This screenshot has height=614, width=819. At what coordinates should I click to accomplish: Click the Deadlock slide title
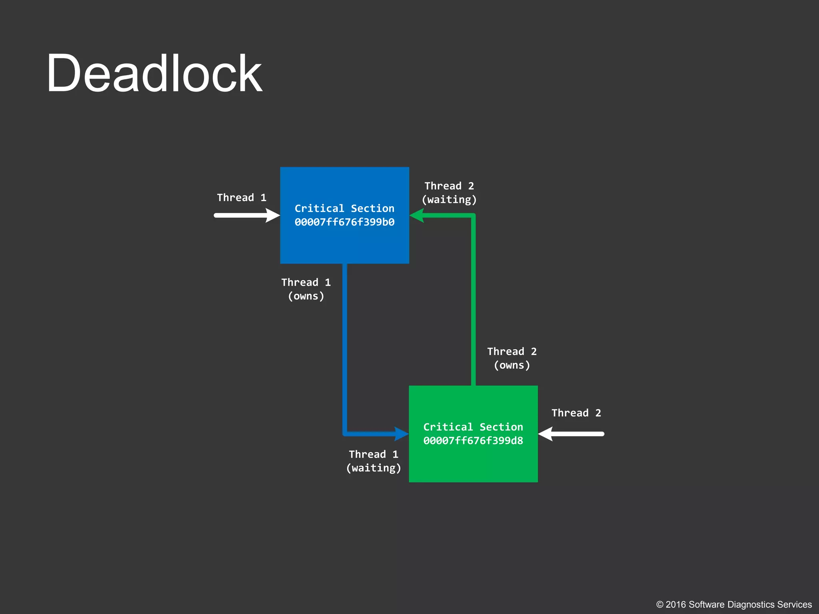(x=154, y=74)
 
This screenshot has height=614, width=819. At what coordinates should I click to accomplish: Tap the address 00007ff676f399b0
(x=344, y=222)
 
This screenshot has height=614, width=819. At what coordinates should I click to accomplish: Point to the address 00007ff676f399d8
(x=473, y=441)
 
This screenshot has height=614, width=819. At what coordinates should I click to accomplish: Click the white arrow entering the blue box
(x=247, y=215)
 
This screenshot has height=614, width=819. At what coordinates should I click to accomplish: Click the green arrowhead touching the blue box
(x=417, y=215)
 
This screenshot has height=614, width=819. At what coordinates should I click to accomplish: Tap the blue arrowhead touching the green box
(x=401, y=434)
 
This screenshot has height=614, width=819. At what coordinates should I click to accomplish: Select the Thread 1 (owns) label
(x=306, y=289)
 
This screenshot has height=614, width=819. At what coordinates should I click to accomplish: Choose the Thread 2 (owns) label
(x=512, y=358)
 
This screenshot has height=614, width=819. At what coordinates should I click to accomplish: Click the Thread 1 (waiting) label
(x=374, y=461)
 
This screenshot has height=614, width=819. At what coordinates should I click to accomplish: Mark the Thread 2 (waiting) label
(x=449, y=193)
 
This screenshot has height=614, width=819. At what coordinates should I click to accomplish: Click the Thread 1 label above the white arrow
(x=242, y=197)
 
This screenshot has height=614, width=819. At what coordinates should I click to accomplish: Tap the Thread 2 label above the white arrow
(x=576, y=413)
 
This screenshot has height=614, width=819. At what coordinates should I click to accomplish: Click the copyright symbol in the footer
(x=660, y=605)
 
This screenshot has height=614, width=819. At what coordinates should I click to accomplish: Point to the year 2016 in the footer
(x=676, y=605)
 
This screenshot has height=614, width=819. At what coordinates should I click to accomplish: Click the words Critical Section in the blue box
(x=344, y=208)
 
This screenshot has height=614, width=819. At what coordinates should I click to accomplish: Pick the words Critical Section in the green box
(x=473, y=427)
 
